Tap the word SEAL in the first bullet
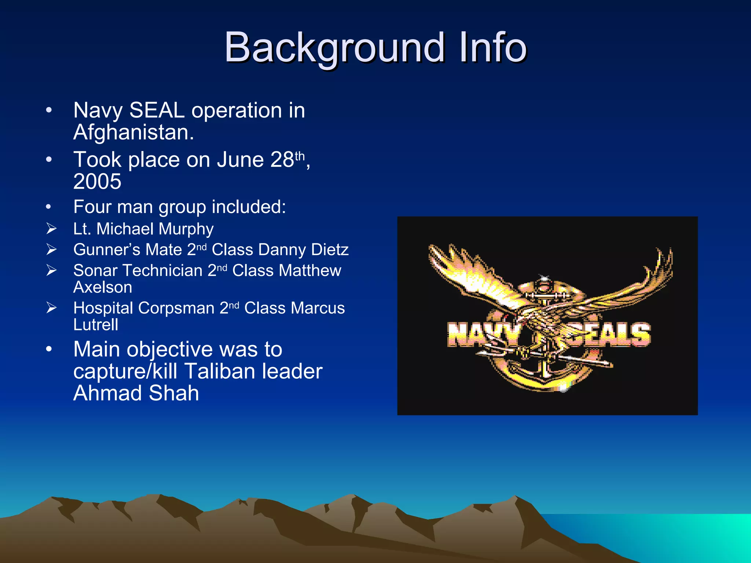pyautogui.click(x=157, y=110)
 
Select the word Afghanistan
pyautogui.click(x=133, y=132)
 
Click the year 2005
pyautogui.click(x=97, y=181)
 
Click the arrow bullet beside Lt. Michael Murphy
pyautogui.click(x=51, y=229)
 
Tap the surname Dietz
pyautogui.click(x=330, y=250)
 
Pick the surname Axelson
pyautogui.click(x=103, y=287)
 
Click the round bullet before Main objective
pyautogui.click(x=49, y=349)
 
